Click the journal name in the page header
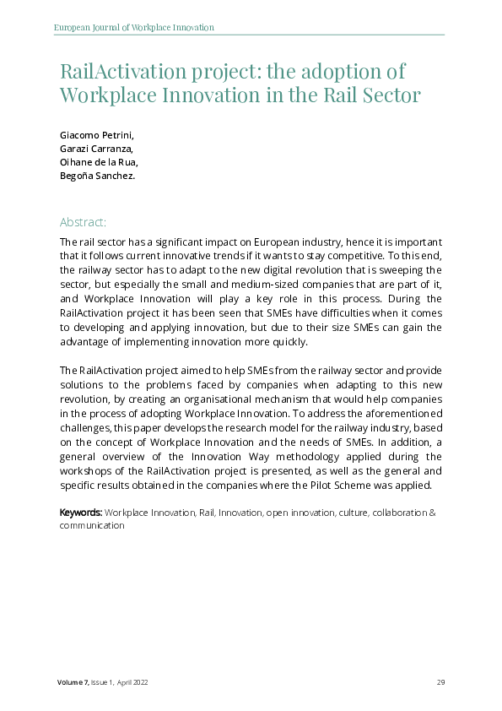(133, 28)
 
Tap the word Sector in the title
(389, 95)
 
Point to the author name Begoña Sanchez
(95, 176)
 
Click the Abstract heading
(83, 222)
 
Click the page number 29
(440, 682)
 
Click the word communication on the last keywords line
(92, 525)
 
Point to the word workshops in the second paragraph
(88, 471)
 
